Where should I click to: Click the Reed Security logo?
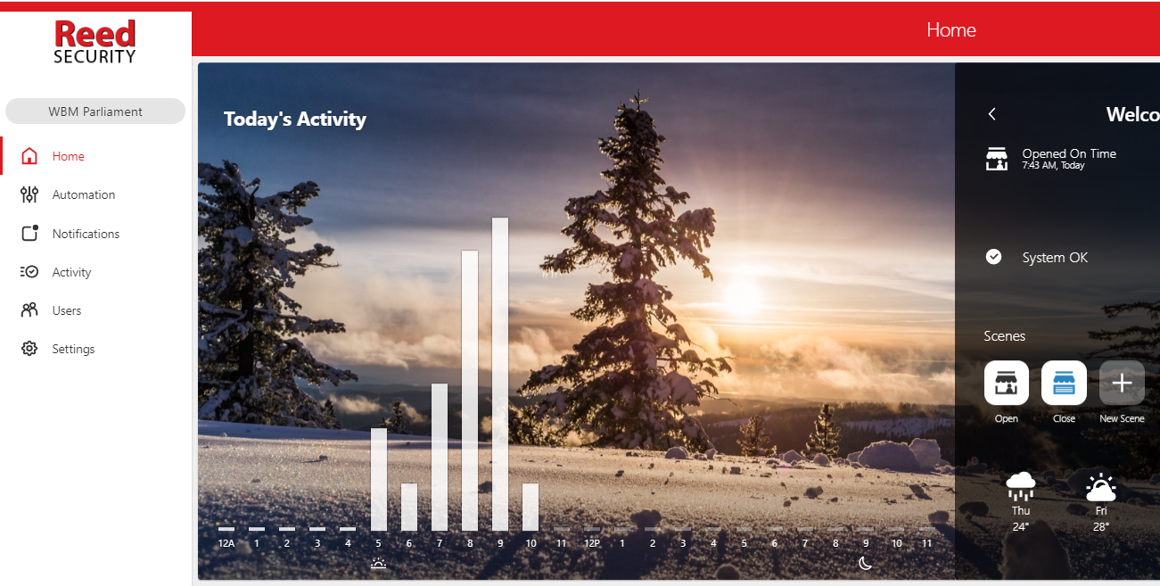(x=95, y=41)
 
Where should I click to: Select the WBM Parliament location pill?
(x=95, y=111)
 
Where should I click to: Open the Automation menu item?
(x=84, y=194)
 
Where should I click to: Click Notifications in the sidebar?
(x=86, y=234)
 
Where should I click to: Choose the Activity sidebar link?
(x=71, y=272)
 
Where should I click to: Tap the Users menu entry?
(x=66, y=310)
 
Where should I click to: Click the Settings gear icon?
(x=29, y=349)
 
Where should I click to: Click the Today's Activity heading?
(x=294, y=120)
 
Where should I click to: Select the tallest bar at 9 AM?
(x=500, y=374)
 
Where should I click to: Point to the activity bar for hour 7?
(x=440, y=457)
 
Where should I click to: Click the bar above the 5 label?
(x=379, y=479)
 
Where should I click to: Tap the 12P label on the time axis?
(x=592, y=543)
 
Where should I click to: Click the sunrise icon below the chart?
(x=379, y=563)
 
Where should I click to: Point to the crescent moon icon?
(x=865, y=563)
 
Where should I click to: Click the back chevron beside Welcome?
(x=991, y=114)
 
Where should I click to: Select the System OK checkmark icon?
(x=993, y=257)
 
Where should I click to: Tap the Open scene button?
(x=1007, y=383)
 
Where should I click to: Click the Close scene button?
(x=1064, y=383)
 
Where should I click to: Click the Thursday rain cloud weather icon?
(x=1020, y=486)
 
